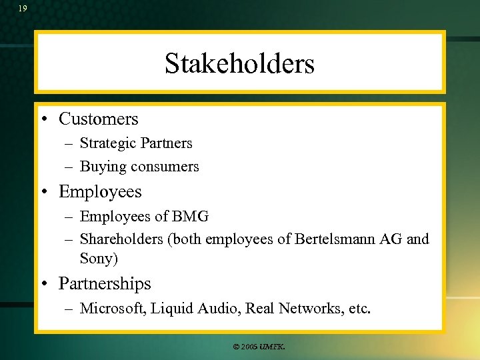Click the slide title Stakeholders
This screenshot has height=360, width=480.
(x=239, y=64)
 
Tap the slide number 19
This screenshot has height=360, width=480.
(x=23, y=9)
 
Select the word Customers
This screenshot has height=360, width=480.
(x=99, y=119)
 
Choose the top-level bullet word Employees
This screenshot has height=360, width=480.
(x=100, y=192)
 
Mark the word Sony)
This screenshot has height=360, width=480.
(x=99, y=259)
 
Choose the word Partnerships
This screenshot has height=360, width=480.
(x=105, y=284)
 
